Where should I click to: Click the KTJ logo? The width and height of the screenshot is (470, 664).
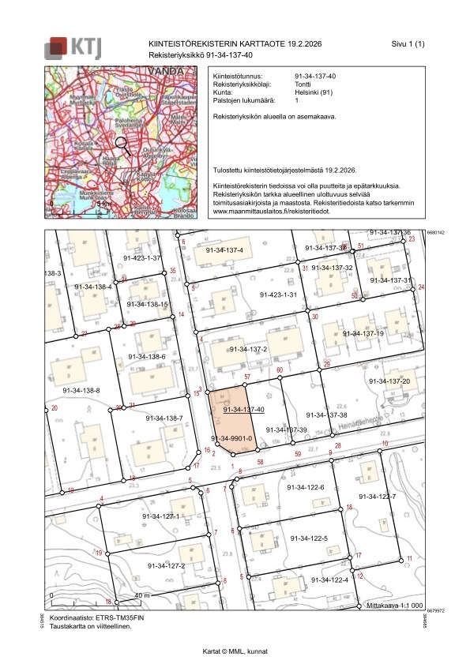click(73, 47)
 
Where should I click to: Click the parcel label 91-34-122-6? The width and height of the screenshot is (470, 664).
click(306, 487)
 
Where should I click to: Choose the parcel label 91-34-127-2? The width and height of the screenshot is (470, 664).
click(166, 565)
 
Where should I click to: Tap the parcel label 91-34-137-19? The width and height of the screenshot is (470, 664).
click(363, 333)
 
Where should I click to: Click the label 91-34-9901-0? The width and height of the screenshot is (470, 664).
click(231, 438)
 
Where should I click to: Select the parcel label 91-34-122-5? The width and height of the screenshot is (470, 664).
click(308, 538)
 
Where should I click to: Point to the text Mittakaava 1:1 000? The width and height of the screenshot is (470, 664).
click(396, 605)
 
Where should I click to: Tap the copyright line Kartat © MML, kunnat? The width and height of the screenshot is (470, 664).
click(235, 651)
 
